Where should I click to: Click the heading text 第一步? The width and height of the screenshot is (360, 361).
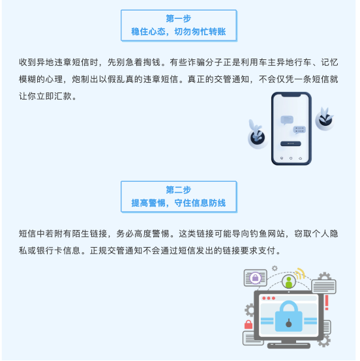click(x=179, y=18)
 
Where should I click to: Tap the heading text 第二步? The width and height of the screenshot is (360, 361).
click(x=179, y=190)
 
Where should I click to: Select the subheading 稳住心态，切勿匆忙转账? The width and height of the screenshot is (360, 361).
click(x=179, y=31)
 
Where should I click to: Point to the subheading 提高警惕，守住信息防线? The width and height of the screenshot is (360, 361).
click(x=179, y=203)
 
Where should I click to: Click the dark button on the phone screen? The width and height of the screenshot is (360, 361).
click(x=291, y=143)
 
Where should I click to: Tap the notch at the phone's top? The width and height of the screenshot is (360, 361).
click(x=292, y=95)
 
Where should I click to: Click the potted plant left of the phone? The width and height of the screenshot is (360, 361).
click(x=257, y=134)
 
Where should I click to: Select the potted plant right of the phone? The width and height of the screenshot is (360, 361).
click(x=325, y=119)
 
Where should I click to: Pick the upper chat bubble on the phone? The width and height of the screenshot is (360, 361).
click(x=287, y=120)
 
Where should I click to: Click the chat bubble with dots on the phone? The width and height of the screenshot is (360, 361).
click(x=299, y=130)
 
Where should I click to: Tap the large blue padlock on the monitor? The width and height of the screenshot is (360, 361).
click(x=288, y=316)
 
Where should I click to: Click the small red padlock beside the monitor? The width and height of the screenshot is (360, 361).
click(x=248, y=325)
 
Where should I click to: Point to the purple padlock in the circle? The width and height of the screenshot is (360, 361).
click(x=256, y=278)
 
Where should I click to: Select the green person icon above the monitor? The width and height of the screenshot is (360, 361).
click(x=289, y=282)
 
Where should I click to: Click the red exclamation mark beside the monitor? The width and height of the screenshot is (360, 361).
click(x=327, y=302)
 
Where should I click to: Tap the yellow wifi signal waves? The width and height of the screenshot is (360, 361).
click(x=300, y=274)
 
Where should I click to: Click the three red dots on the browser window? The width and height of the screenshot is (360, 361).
click(x=269, y=298)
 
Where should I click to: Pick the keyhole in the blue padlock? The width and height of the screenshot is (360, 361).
click(x=288, y=323)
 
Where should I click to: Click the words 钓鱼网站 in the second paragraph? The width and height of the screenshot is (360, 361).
click(x=267, y=234)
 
